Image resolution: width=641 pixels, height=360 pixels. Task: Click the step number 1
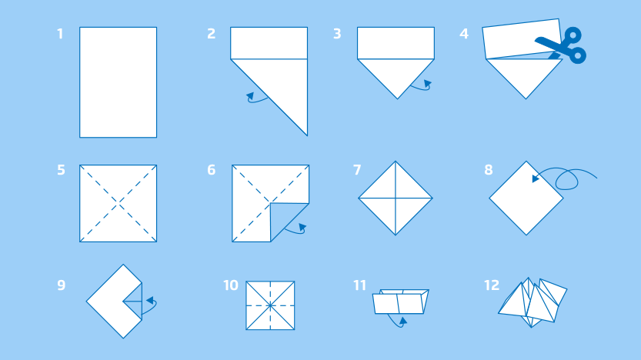click(x=60, y=34)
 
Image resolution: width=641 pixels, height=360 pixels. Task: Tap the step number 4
click(x=463, y=34)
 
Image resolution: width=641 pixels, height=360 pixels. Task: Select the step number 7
click(x=357, y=169)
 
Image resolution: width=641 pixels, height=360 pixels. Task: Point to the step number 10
click(x=231, y=285)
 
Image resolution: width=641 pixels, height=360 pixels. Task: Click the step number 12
click(x=492, y=285)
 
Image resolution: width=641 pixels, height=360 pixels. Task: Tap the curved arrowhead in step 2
click(x=250, y=96)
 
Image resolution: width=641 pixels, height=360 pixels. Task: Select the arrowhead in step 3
click(x=428, y=84)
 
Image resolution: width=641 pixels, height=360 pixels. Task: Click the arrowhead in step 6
click(x=302, y=228)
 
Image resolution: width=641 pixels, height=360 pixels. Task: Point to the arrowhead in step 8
click(x=536, y=178)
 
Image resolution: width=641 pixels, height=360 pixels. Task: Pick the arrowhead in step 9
click(x=150, y=301)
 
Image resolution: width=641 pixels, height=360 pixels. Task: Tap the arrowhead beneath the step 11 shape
click(x=403, y=321)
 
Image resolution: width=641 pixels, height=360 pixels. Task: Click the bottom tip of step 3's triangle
click(x=397, y=99)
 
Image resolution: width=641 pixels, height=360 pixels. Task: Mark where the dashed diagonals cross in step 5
click(x=119, y=204)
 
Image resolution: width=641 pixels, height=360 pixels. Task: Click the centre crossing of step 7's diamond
click(x=396, y=198)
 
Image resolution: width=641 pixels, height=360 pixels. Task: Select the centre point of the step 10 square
click(x=270, y=305)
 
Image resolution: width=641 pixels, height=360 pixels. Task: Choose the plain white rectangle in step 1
click(x=119, y=82)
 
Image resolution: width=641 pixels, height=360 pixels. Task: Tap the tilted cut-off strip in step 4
click(x=522, y=38)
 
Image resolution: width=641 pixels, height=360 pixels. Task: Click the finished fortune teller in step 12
click(x=532, y=302)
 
